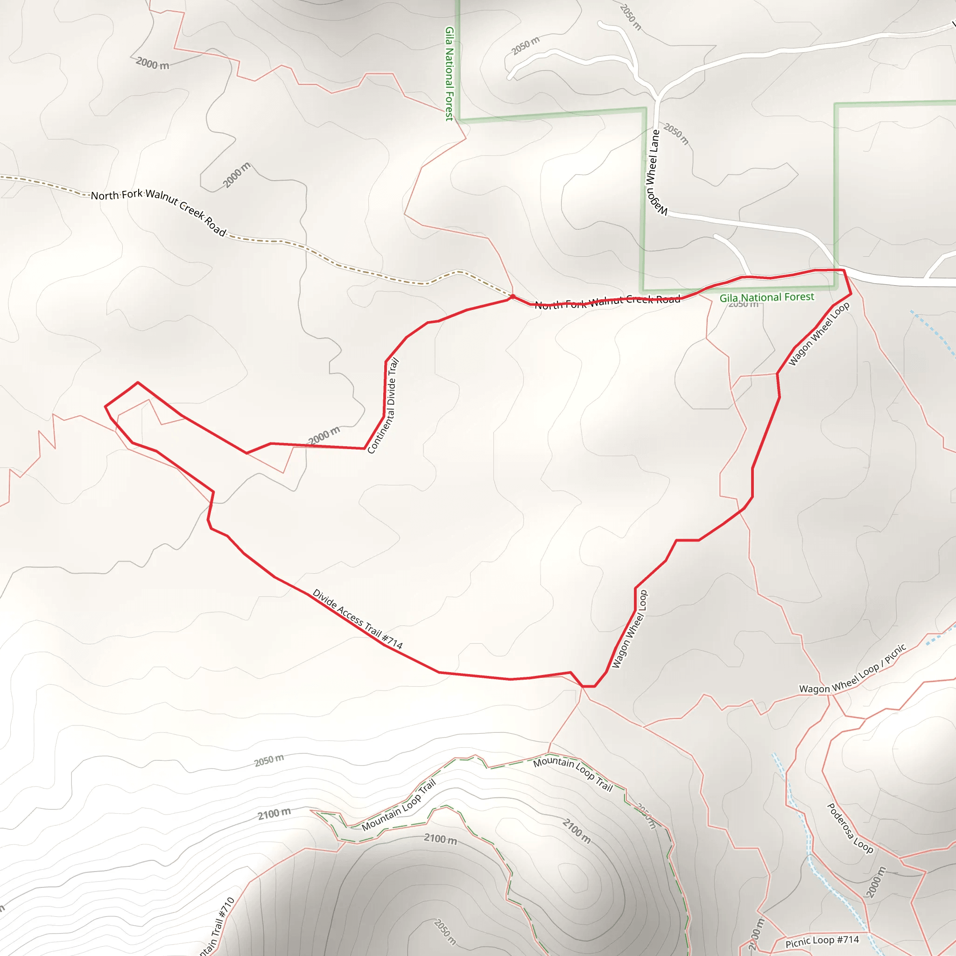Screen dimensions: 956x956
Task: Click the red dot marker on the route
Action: coord(513,297)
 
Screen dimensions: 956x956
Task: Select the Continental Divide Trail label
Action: coord(383,406)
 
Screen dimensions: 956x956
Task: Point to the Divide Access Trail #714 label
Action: coord(358,619)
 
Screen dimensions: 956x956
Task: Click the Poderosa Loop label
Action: coord(850,828)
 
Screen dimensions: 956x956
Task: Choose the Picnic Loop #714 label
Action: coord(822,941)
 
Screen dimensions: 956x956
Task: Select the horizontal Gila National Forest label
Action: coord(766,297)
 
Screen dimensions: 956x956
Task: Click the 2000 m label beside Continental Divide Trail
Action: coord(324,435)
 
